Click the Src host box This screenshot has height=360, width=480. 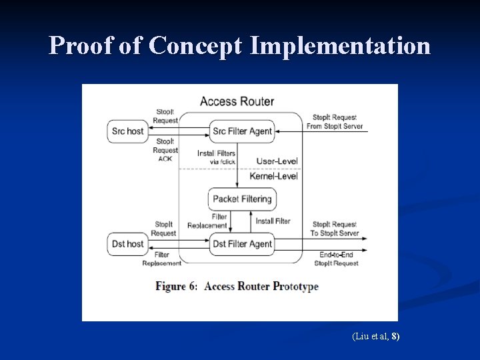click(127, 131)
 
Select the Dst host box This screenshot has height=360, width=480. click(127, 244)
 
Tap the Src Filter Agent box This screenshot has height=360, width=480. click(242, 131)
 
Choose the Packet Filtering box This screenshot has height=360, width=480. click(242, 199)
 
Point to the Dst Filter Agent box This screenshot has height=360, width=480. click(242, 244)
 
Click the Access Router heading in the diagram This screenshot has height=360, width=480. click(237, 101)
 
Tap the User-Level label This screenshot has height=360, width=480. click(277, 161)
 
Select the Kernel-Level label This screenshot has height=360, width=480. click(273, 176)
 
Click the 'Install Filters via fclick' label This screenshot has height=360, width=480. click(216, 157)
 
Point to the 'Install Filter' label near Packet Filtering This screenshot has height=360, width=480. click(273, 221)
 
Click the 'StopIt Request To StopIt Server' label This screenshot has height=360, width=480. click(335, 229)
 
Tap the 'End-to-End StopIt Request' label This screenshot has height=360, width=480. click(336, 259)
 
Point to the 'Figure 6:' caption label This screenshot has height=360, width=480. click(177, 286)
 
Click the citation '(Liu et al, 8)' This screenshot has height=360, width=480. click(375, 337)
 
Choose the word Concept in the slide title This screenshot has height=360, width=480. click(197, 45)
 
